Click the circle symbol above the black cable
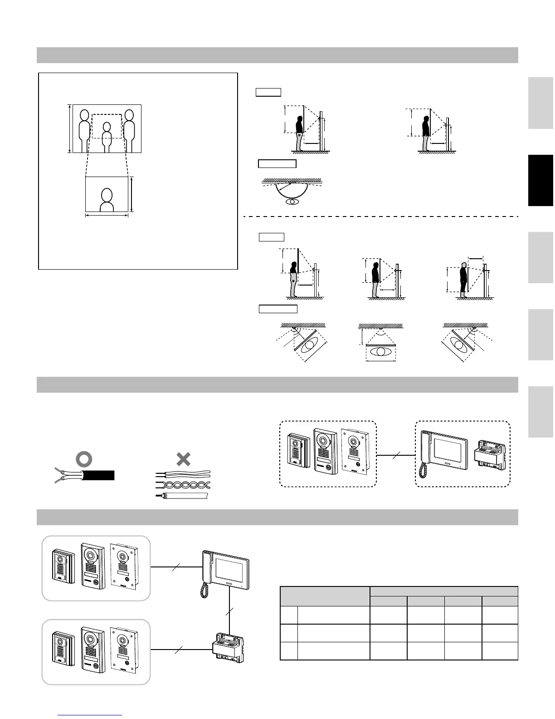point(84,459)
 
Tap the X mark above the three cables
point(183,459)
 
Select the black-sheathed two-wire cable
point(97,475)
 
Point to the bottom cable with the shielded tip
point(181,495)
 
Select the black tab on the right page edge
point(540,180)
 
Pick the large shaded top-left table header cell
point(325,596)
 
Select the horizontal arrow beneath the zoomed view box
point(107,216)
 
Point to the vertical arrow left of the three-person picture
point(69,128)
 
